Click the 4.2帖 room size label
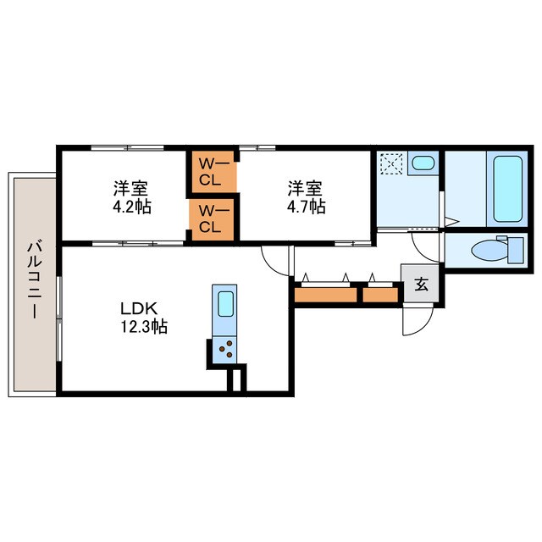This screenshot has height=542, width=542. point(133,207)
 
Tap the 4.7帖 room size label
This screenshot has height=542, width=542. point(306,207)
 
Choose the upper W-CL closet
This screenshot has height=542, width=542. point(210,172)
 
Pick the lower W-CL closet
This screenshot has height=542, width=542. point(210,219)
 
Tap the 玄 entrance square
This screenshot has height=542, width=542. point(421,285)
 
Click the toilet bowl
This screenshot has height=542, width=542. point(484,251)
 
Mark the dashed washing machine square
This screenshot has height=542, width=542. point(391,163)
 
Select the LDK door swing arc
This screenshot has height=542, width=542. point(274,257)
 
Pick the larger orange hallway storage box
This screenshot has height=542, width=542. point(326,295)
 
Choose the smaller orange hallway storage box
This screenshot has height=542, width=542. point(380,295)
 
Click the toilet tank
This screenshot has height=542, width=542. point(513,251)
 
